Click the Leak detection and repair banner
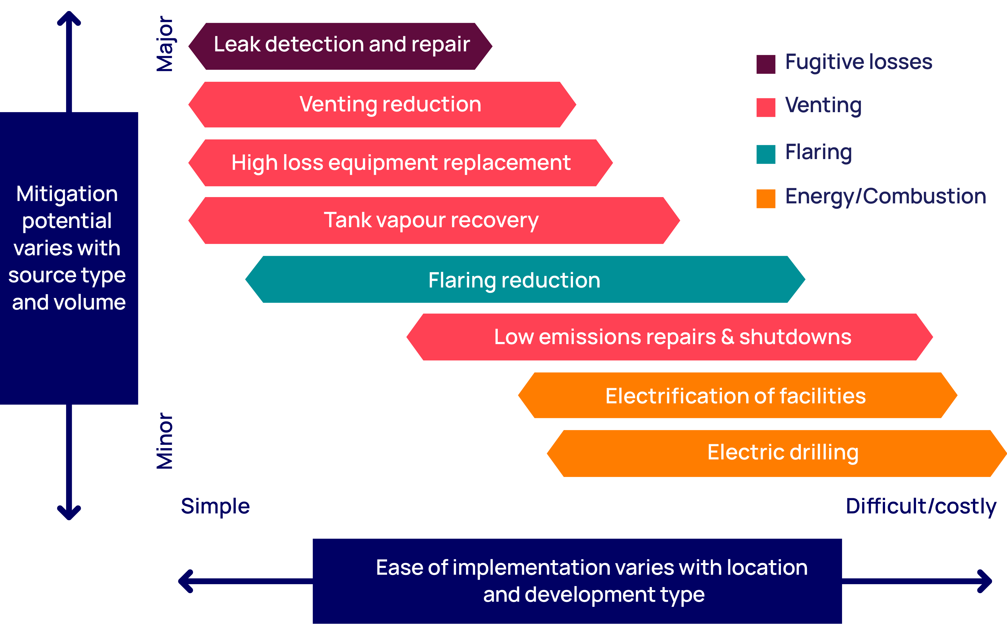[x=341, y=46]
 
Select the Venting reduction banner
[x=383, y=105]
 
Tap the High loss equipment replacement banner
[x=401, y=163]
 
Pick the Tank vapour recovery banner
[x=434, y=220]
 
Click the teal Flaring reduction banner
[x=525, y=279]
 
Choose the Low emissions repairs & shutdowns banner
[x=669, y=337]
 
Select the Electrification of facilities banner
[x=738, y=395]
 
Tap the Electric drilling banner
[x=777, y=453]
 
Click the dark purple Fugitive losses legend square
[x=766, y=64]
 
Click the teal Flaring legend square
[x=766, y=154]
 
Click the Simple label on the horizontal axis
[x=215, y=506]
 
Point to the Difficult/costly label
[x=921, y=506]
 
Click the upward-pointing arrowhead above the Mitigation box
[x=69, y=19]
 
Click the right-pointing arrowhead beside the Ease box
[x=985, y=581]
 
